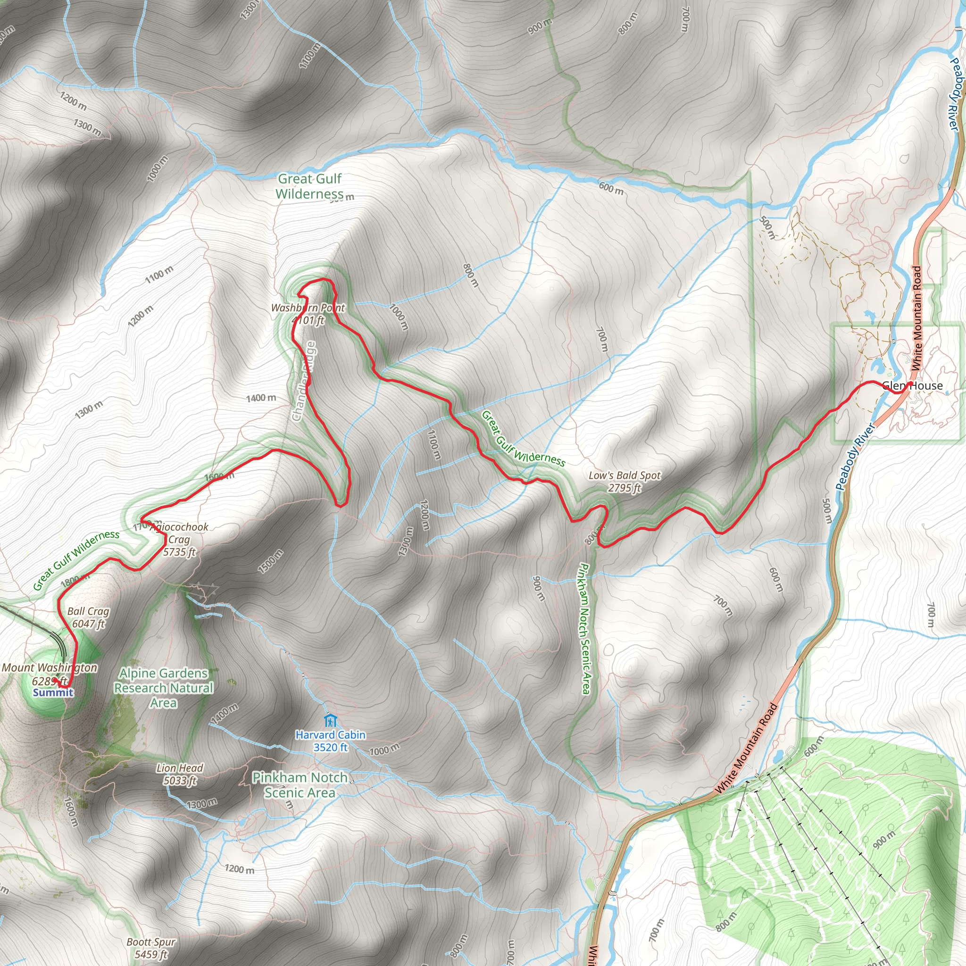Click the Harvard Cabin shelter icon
click(x=330, y=721)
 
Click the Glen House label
click(x=913, y=385)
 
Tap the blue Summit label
click(x=53, y=692)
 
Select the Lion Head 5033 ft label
click(x=180, y=774)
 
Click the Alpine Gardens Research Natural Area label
click(x=164, y=688)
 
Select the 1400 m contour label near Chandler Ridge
click(x=260, y=398)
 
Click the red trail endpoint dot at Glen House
click(x=910, y=384)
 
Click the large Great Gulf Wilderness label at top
click(x=309, y=186)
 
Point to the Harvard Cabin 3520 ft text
click(x=330, y=741)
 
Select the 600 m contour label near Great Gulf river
click(x=611, y=189)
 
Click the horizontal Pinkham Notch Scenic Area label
click(x=300, y=785)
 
